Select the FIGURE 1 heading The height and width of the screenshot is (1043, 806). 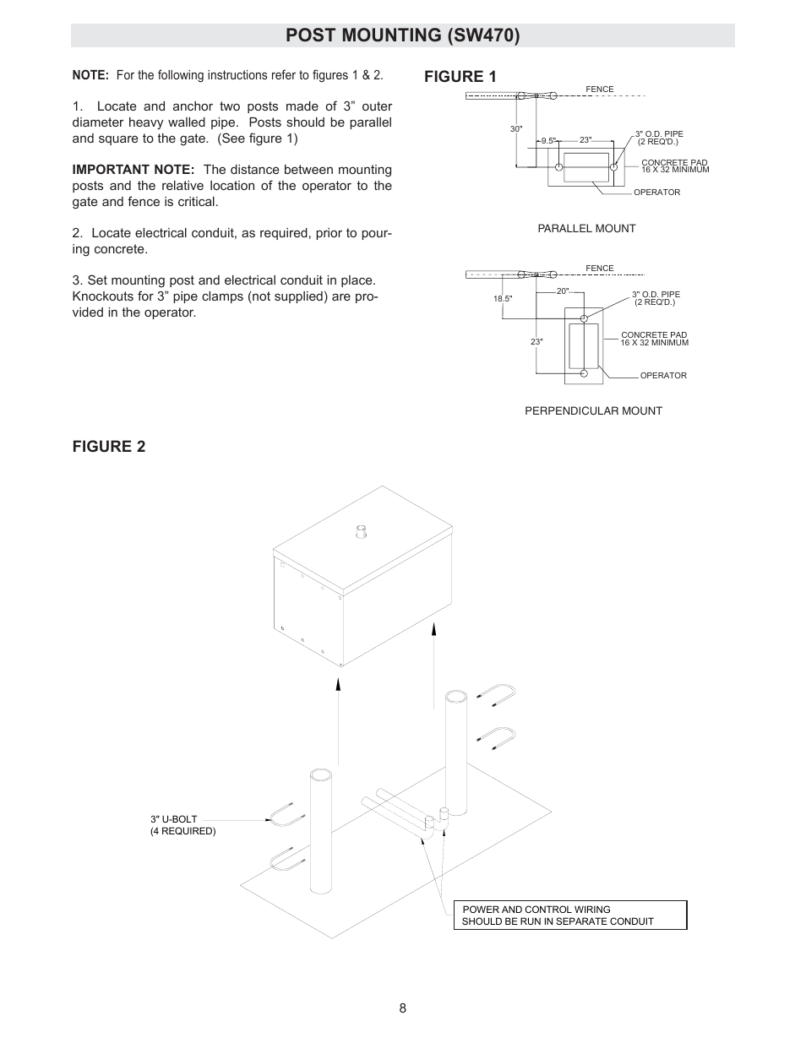[x=460, y=76]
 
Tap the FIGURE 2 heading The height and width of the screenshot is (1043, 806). [x=108, y=447]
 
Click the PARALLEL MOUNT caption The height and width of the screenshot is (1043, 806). [x=586, y=229]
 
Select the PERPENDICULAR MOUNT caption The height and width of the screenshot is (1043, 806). [x=593, y=411]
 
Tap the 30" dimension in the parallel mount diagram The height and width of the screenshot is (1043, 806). [x=516, y=129]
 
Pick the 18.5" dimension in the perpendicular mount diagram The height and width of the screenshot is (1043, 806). [x=503, y=298]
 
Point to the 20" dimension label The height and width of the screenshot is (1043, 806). [x=563, y=291]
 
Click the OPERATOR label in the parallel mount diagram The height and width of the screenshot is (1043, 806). [x=656, y=193]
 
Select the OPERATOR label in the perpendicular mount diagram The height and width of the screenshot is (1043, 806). [x=663, y=376]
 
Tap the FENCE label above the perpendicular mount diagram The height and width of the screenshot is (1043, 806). [x=600, y=269]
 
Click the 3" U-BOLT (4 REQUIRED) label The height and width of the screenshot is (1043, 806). [x=182, y=825]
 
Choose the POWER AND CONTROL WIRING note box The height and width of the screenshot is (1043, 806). [x=570, y=915]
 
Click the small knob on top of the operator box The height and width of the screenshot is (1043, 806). [x=361, y=532]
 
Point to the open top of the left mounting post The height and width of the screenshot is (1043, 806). [x=321, y=774]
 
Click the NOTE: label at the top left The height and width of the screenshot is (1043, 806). [x=90, y=75]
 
